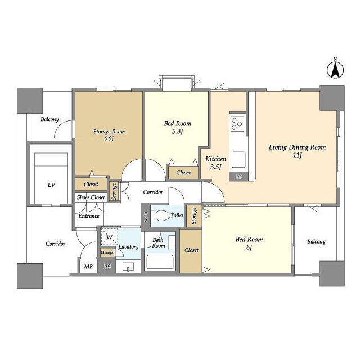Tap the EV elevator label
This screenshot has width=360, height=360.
[51, 185]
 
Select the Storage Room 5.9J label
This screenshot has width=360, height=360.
[109, 135]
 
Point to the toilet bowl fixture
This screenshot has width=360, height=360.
[160, 215]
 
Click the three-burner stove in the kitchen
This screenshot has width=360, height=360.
[237, 124]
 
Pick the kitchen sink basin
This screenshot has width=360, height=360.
[238, 160]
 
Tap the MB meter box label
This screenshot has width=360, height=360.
[88, 267]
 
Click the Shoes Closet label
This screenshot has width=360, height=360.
[91, 197]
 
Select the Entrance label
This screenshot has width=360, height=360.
[89, 216]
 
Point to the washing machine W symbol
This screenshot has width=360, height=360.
[109, 237]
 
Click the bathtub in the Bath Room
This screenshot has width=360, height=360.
[160, 262]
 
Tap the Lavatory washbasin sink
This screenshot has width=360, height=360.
[128, 267]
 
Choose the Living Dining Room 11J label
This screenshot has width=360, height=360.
[298, 151]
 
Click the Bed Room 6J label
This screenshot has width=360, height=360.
[249, 243]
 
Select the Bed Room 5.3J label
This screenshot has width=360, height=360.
[178, 127]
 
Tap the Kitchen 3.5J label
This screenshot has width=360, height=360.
[216, 163]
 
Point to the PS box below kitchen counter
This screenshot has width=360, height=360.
[238, 177]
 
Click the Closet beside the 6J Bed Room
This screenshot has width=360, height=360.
[191, 250]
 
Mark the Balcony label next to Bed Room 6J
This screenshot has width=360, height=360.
[316, 241]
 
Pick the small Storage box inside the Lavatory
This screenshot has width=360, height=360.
[107, 253]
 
